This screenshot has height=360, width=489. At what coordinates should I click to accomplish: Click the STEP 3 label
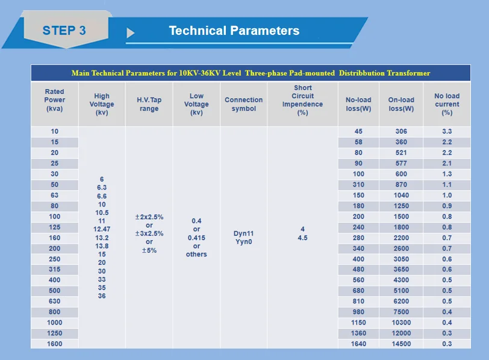coord(64,31)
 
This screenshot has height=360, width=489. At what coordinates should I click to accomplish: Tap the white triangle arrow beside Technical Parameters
coord(130,33)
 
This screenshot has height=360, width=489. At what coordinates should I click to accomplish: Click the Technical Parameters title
coord(234,31)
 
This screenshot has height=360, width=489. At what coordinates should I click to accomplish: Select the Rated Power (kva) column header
coord(55,100)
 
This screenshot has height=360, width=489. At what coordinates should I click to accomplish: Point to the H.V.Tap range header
coord(149,104)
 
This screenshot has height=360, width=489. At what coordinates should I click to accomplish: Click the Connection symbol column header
coord(243,104)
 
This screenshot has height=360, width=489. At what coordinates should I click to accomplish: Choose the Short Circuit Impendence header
coord(302,100)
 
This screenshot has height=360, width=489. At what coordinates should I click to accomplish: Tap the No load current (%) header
coord(447,104)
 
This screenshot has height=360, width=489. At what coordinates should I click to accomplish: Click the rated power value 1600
coord(55,344)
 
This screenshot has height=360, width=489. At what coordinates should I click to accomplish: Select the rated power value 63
coord(55,195)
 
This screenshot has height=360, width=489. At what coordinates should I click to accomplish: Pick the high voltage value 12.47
coord(102,229)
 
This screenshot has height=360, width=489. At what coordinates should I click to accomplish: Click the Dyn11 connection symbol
coord(243,234)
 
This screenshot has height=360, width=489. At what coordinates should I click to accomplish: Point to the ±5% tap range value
coord(149,250)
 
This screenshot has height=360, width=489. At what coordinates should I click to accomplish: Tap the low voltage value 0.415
coord(196,238)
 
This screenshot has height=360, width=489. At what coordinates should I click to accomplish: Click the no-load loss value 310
coord(358,185)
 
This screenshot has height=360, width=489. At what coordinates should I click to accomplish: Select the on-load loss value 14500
coord(401,344)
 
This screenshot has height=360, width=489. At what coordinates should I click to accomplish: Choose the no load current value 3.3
coord(447,131)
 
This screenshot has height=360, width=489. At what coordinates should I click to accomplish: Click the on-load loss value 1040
coord(401,195)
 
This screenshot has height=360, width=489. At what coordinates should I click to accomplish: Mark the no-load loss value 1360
coord(358,333)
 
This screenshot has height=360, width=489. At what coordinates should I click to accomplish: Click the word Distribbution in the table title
coord(362,73)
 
